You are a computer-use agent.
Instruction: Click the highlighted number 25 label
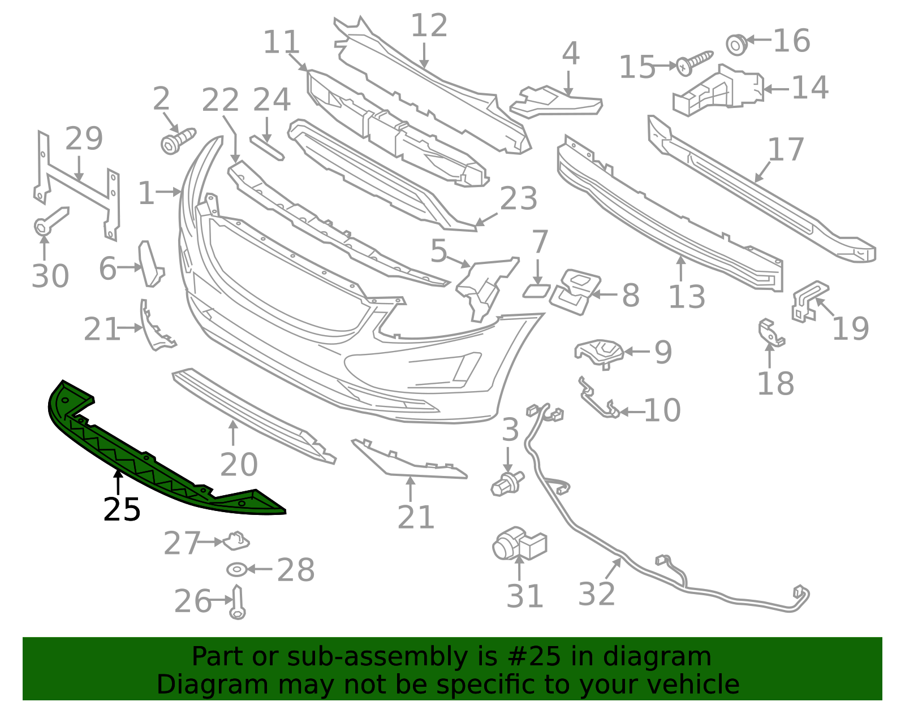122,510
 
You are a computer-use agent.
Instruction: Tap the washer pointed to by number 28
236,570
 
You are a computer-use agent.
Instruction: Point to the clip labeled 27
236,542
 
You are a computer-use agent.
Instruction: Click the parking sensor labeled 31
519,545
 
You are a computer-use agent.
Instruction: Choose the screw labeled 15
694,62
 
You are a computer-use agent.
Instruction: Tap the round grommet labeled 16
736,44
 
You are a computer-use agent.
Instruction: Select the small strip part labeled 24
267,148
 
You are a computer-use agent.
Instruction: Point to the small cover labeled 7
536,291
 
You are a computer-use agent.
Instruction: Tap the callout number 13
687,296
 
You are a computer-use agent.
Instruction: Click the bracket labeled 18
771,332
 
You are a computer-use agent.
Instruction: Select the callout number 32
596,594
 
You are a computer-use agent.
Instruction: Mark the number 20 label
239,464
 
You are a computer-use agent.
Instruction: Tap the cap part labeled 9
599,353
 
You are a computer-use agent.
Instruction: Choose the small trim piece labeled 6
151,264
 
